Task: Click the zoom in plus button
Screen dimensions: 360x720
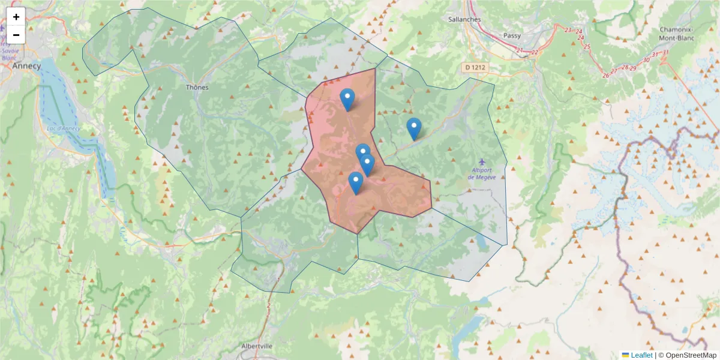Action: pyautogui.click(x=16, y=17)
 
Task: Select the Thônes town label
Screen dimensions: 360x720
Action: pyautogui.click(x=197, y=87)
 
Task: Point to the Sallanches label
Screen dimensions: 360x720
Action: pyautogui.click(x=464, y=19)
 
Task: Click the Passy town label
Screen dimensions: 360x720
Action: pyautogui.click(x=512, y=35)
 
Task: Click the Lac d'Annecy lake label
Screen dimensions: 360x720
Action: pyautogui.click(x=63, y=128)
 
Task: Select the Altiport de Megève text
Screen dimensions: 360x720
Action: pyautogui.click(x=484, y=174)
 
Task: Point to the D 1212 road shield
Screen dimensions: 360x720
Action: pyautogui.click(x=475, y=68)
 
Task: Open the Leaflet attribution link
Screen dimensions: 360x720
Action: pyautogui.click(x=641, y=355)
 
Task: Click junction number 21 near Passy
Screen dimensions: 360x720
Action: pyautogui.click(x=519, y=50)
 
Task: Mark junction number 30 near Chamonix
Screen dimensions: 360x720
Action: pyautogui.click(x=646, y=59)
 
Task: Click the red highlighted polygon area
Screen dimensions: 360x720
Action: pyautogui.click(x=342, y=138)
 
